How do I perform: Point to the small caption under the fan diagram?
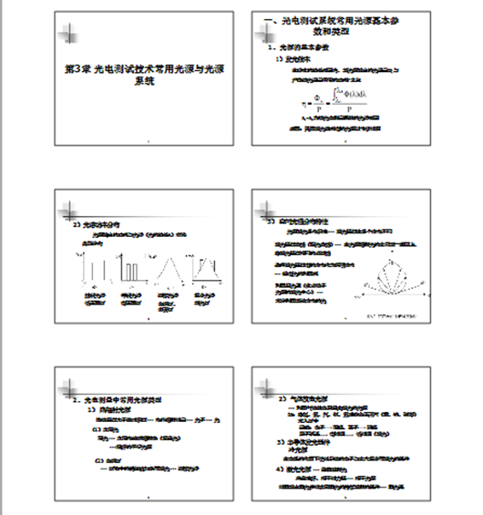pyautogui.click(x=384, y=315)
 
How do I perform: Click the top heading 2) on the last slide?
pyautogui.click(x=305, y=399)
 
